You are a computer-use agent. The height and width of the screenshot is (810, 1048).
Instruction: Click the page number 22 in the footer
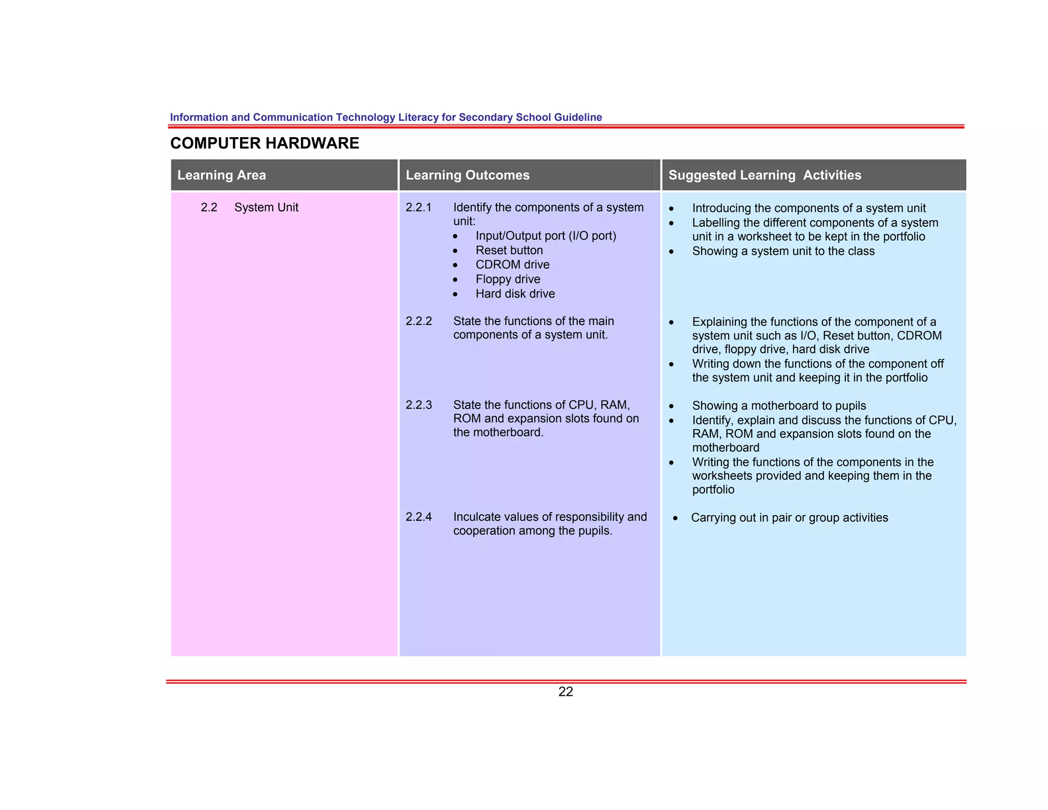pos(565,692)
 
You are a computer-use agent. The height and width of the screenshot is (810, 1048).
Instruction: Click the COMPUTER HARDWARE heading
pos(265,143)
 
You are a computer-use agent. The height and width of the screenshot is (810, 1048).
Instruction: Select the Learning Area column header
pos(222,175)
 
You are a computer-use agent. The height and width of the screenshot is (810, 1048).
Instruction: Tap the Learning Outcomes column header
pos(467,175)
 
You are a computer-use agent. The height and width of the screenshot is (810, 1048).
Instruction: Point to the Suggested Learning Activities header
pos(765,175)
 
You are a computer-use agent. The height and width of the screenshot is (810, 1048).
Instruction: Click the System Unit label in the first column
pos(266,207)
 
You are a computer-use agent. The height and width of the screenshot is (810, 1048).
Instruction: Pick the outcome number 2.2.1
pos(419,207)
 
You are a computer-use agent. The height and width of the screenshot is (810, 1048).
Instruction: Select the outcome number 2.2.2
pos(419,321)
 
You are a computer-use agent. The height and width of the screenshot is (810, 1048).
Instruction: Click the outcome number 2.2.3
pos(419,405)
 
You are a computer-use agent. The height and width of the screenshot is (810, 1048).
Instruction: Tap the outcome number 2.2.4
pos(419,517)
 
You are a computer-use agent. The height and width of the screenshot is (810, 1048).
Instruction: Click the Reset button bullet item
pos(509,250)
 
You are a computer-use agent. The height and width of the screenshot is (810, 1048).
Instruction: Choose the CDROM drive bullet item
pos(512,265)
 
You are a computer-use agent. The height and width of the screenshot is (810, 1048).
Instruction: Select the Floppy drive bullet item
pos(508,279)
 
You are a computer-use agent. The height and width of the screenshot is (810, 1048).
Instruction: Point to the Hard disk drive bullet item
pos(515,294)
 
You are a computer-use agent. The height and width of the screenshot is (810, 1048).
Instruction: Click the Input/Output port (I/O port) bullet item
pos(545,236)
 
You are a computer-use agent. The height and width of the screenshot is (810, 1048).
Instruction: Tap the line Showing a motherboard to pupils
pos(779,406)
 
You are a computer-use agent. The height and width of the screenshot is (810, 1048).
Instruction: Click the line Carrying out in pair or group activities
pos(789,518)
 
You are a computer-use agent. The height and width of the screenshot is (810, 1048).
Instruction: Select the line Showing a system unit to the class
pos(783,251)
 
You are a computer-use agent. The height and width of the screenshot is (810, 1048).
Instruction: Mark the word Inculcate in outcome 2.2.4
pos(476,517)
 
